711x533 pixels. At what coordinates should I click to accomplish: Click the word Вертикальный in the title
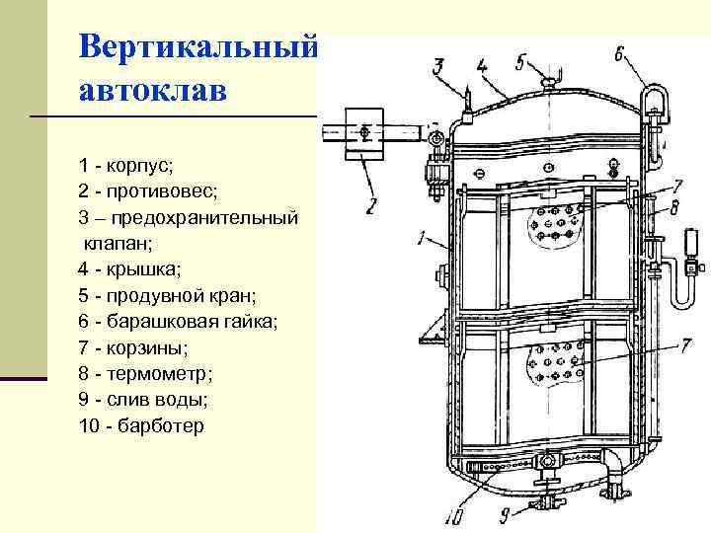[x=197, y=46]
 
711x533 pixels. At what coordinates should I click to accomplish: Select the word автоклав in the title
[x=152, y=90]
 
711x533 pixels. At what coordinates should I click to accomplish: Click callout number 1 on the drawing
[x=422, y=238]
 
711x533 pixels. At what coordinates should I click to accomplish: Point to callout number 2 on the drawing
[x=371, y=206]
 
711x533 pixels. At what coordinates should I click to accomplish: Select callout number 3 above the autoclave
[x=439, y=67]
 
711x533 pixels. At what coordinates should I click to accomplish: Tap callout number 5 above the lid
[x=520, y=60]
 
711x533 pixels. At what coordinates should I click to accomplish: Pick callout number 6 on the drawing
[x=619, y=55]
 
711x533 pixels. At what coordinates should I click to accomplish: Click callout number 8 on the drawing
[x=673, y=208]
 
